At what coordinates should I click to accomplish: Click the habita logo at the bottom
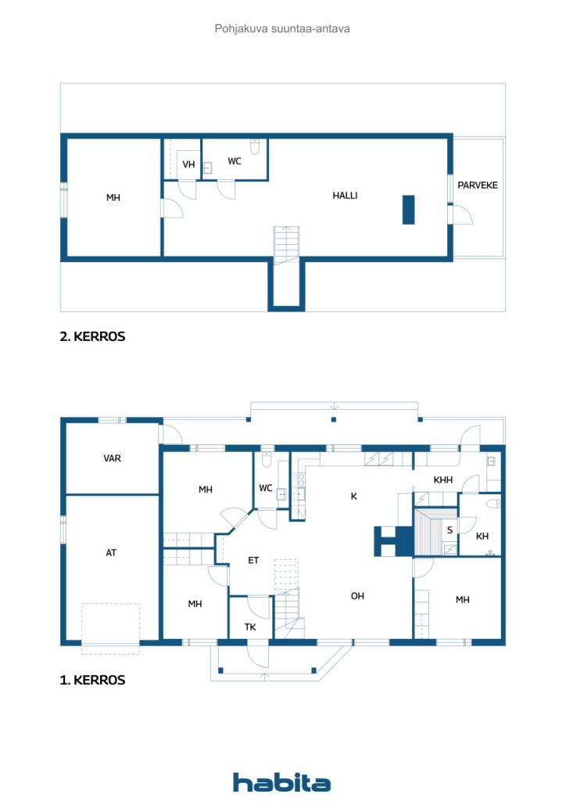pos(281,782)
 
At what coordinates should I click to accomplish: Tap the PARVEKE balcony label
pos(477,185)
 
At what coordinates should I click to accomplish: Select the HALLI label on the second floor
pos(345,195)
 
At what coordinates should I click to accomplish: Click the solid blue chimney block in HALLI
pos(408,210)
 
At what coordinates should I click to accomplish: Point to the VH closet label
pos(189,164)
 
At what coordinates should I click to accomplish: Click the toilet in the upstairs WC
pos(255,146)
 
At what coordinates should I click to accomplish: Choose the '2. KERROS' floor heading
pos(92,336)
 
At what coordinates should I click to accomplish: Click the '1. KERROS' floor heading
pos(92,680)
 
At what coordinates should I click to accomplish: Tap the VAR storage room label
pos(113,458)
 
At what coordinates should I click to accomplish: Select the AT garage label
pos(111,552)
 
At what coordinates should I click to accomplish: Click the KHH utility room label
pos(443,480)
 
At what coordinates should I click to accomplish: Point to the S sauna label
pos(450,530)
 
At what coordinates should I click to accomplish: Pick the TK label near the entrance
pos(250,627)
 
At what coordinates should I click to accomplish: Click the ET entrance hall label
pos(253,560)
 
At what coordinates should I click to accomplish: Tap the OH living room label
pos(357,595)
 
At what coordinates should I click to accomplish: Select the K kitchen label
pos(353,496)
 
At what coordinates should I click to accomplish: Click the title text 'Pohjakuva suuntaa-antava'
pos(282,29)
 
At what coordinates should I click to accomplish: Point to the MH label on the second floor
pos(113,197)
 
